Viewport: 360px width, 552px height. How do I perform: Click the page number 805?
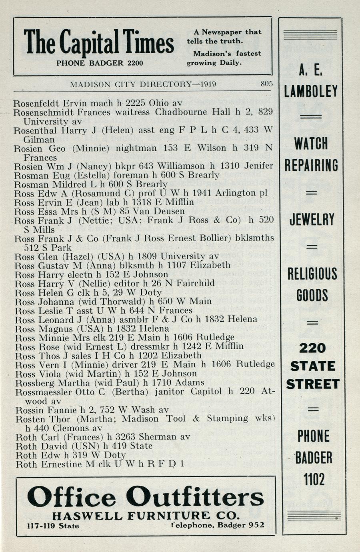click(x=266, y=84)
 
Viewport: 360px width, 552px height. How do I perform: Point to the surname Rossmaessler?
click(x=44, y=392)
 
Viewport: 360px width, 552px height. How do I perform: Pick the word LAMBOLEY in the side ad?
click(x=311, y=92)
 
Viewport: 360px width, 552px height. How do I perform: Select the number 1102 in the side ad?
click(x=313, y=478)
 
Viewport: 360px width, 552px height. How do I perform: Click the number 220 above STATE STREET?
click(x=312, y=348)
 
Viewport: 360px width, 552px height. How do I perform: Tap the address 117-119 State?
click(x=53, y=526)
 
